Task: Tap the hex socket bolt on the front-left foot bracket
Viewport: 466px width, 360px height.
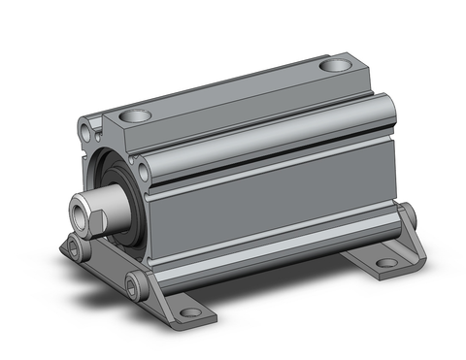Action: coord(77,251)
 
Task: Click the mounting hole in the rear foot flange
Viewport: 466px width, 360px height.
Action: coord(386,263)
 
